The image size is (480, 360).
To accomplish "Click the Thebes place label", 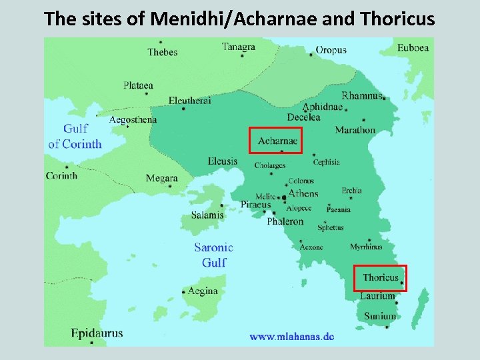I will click(163, 52).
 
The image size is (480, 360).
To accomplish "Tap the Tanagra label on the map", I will click(239, 47).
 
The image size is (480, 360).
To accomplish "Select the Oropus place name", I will click(331, 50).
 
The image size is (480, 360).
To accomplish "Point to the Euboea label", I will click(413, 47).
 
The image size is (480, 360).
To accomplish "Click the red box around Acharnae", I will click(275, 140).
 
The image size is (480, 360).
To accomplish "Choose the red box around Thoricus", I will click(380, 278).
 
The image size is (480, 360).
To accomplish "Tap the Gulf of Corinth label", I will click(75, 137).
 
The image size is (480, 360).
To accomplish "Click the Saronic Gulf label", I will click(214, 255).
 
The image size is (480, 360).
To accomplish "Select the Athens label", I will click(303, 193).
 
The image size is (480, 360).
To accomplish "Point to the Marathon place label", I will click(355, 130).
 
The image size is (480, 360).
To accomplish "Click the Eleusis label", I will click(222, 161).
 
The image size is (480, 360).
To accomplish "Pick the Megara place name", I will click(162, 178).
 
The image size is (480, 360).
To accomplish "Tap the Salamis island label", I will click(207, 215).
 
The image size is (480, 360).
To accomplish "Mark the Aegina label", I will click(203, 291).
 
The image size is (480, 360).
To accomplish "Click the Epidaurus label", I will click(97, 333).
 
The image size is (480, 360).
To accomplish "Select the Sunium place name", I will click(379, 315).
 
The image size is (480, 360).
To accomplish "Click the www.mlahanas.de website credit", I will click(292, 337).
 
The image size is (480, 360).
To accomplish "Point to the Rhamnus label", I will click(362, 95).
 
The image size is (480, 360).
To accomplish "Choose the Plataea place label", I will click(138, 85).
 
